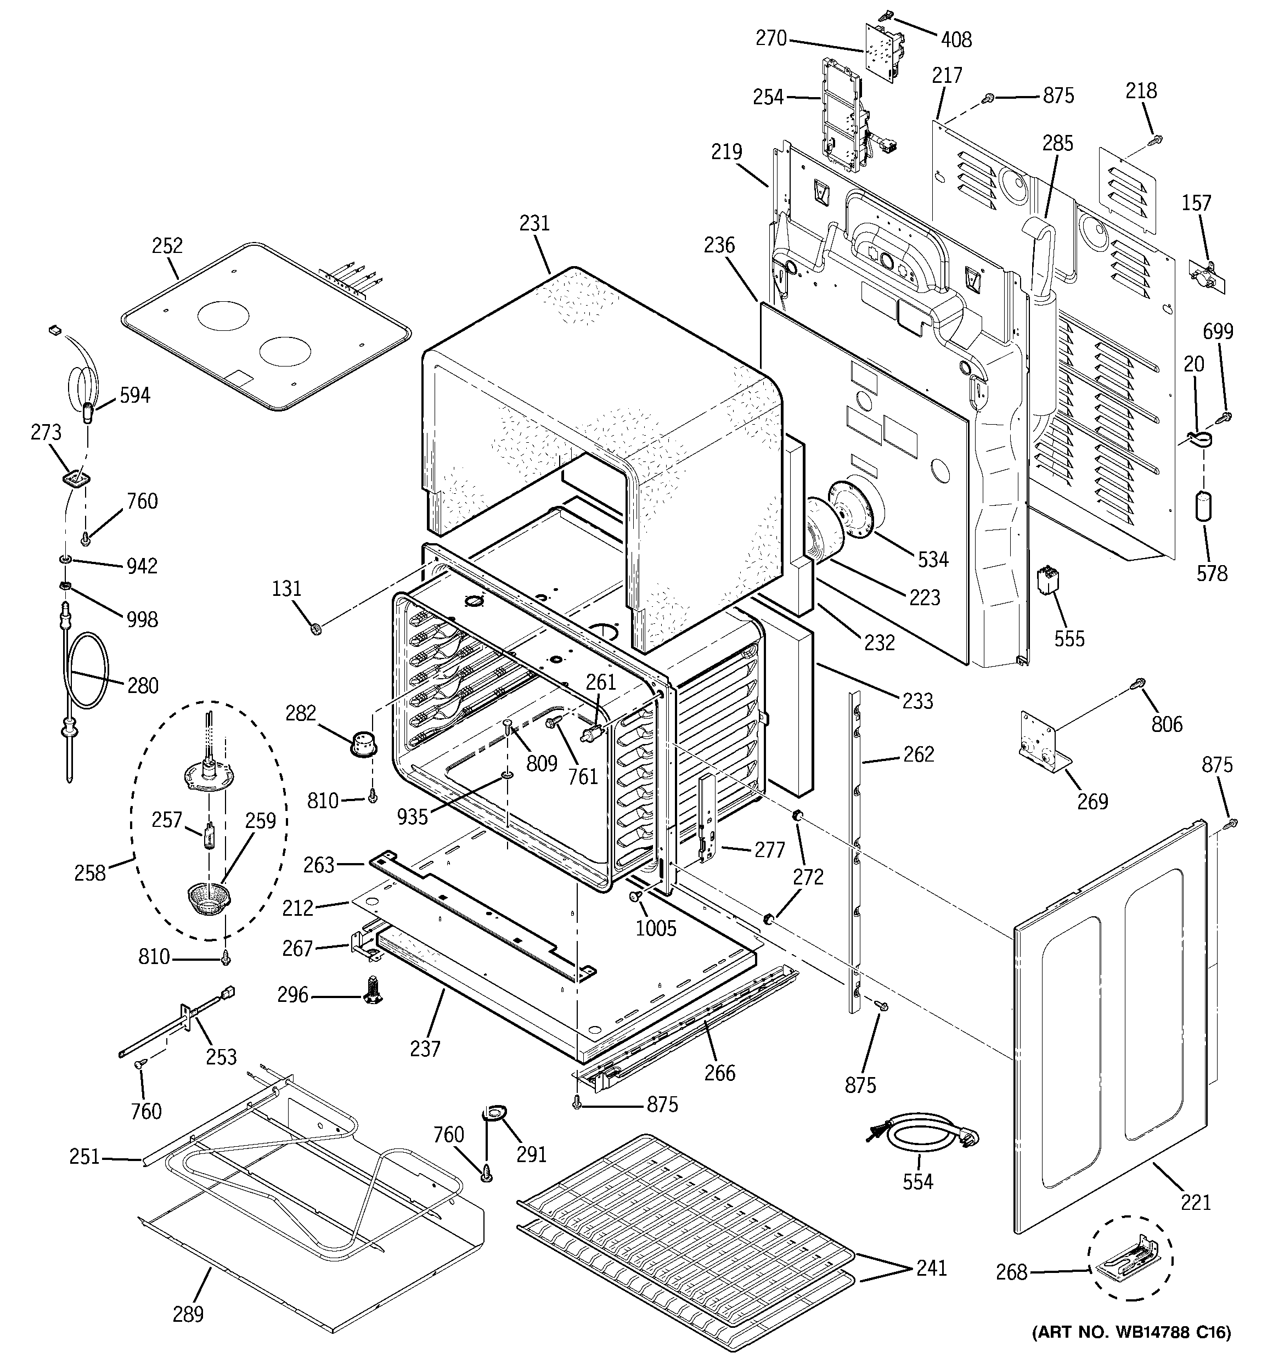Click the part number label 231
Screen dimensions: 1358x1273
pyautogui.click(x=534, y=223)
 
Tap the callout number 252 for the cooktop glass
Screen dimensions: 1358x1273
pyautogui.click(x=167, y=246)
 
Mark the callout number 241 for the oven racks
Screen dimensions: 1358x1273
pyautogui.click(x=931, y=1268)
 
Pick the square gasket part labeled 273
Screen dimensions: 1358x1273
pyautogui.click(x=76, y=480)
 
